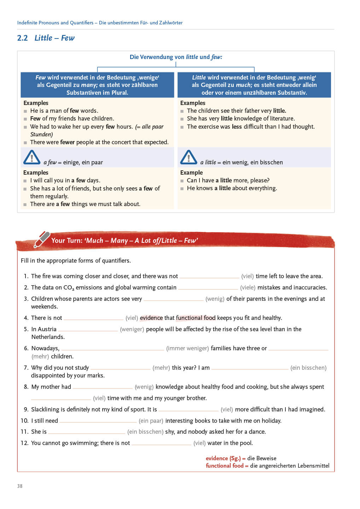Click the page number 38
point(20,486)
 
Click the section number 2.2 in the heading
point(22,38)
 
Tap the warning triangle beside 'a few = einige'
point(32,157)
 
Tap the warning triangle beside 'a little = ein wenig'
point(188,157)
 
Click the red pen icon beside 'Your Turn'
point(42,239)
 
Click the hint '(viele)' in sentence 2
point(248,287)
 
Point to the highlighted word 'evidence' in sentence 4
point(151,318)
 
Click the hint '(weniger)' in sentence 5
point(132,329)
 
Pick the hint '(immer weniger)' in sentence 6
point(187,348)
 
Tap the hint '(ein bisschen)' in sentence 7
point(308,368)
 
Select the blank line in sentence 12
point(161,444)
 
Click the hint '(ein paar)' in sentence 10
point(151,421)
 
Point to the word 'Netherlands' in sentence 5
point(48,337)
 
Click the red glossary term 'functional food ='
point(227,466)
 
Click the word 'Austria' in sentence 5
point(47,329)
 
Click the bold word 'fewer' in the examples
point(67,142)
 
